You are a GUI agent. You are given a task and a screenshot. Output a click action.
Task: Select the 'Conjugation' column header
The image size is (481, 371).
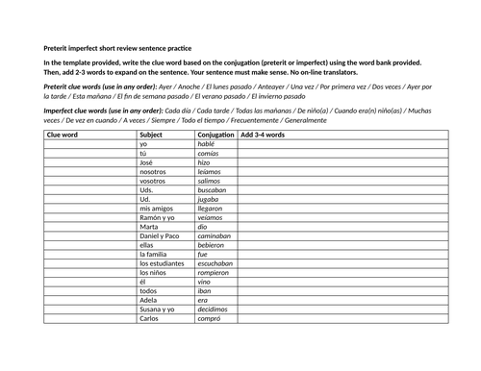tap(215, 135)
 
